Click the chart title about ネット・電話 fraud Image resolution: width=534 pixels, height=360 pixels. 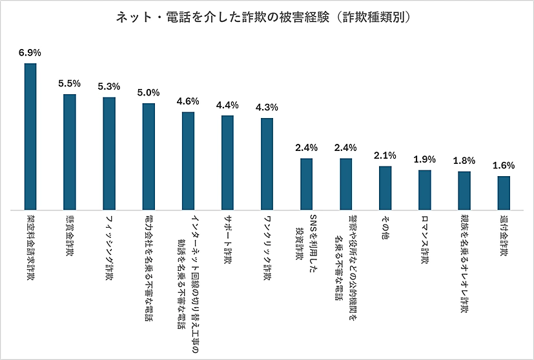pos(267,17)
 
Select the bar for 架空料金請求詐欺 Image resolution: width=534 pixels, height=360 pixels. pos(30,137)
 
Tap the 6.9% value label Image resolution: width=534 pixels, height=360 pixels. pos(30,52)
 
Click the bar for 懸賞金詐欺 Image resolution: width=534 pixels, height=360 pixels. pos(70,152)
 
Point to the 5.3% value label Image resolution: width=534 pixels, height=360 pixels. pos(109,86)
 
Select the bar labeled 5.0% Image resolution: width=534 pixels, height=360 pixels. pos(149,157)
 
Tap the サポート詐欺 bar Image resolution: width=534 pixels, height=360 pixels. pos(227,163)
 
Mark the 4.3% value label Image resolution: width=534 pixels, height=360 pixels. pos(267,107)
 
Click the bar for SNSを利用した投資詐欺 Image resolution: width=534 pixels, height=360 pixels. pos(306,185)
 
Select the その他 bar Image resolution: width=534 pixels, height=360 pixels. pos(385,188)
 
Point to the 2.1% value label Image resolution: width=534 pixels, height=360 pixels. pos(385,155)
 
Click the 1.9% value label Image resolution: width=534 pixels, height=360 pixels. pos(424,159)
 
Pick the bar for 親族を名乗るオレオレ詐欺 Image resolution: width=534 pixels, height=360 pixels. pos(464,190)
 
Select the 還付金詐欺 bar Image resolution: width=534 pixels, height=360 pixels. pos(504,193)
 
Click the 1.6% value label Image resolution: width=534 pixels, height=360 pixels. pos(504,165)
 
